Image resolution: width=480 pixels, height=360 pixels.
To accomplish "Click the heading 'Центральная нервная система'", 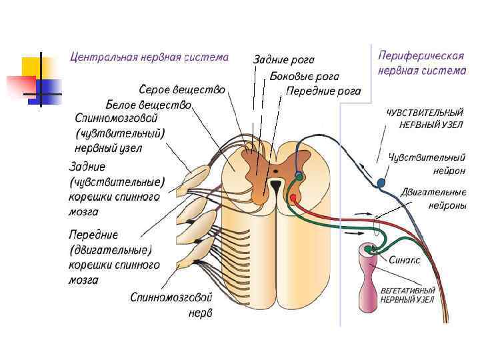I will click(x=149, y=57).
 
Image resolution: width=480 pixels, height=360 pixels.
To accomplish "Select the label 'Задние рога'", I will click(x=283, y=61).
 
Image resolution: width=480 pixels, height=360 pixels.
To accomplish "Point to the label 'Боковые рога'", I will click(x=305, y=77).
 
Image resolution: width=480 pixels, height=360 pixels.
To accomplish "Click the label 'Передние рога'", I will click(x=323, y=91).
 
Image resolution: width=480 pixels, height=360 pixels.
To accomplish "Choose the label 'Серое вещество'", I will click(x=181, y=89).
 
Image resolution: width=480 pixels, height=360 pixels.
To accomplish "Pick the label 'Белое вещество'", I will click(x=149, y=105).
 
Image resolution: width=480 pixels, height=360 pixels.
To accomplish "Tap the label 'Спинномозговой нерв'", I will click(x=172, y=304).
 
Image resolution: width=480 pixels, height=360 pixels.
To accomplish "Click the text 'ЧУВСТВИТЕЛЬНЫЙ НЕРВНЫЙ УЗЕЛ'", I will click(x=425, y=119).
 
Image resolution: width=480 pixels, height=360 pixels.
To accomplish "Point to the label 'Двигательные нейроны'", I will click(x=433, y=199).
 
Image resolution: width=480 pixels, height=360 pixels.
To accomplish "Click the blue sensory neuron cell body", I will click(x=382, y=182).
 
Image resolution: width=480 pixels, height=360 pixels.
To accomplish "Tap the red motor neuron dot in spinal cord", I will click(x=292, y=198).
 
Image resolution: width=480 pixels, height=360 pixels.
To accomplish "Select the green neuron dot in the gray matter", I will click(x=299, y=177).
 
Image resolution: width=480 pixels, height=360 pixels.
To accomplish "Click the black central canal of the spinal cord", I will click(x=275, y=184).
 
